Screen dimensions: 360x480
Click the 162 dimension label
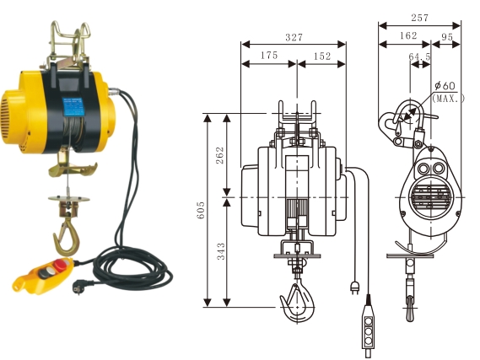(407, 36)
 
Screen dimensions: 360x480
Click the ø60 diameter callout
(445, 86)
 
